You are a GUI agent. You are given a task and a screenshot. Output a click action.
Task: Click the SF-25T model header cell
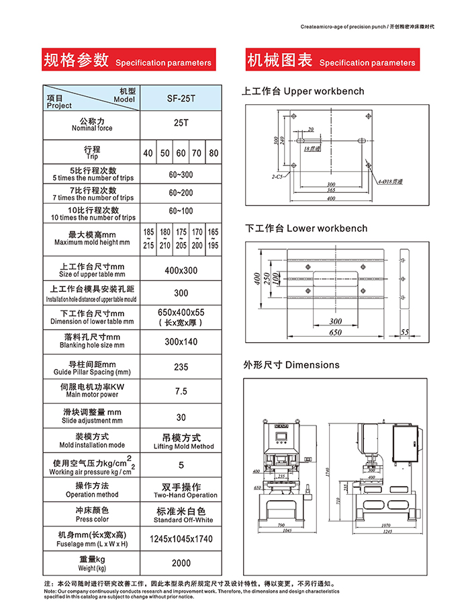(x=181, y=98)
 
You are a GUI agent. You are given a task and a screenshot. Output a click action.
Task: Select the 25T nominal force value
(x=181, y=124)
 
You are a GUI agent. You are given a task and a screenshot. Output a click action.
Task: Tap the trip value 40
(x=148, y=153)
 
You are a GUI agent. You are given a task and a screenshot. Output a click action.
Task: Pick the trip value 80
(x=214, y=153)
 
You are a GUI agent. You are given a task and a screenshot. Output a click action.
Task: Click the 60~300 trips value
(x=181, y=175)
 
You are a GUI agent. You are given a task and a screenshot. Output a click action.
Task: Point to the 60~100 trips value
(x=181, y=211)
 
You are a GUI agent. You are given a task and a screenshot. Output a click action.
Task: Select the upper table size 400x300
(x=181, y=270)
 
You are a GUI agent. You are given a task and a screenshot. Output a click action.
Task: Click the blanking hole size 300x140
(x=181, y=341)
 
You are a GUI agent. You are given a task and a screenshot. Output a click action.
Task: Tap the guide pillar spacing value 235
(x=181, y=367)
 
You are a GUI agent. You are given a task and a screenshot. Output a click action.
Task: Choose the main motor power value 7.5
(x=181, y=391)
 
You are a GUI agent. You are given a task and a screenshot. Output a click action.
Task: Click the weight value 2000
(x=181, y=563)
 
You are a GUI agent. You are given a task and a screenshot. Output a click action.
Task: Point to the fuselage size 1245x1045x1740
(x=181, y=539)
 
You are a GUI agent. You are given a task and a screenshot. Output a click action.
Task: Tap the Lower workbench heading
(x=305, y=229)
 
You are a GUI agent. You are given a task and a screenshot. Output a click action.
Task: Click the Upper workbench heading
(x=303, y=91)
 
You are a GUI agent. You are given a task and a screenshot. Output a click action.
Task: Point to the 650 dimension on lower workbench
(x=335, y=333)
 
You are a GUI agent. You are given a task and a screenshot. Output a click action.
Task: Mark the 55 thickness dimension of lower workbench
(x=404, y=332)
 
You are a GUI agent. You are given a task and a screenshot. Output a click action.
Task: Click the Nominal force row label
(x=92, y=124)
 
